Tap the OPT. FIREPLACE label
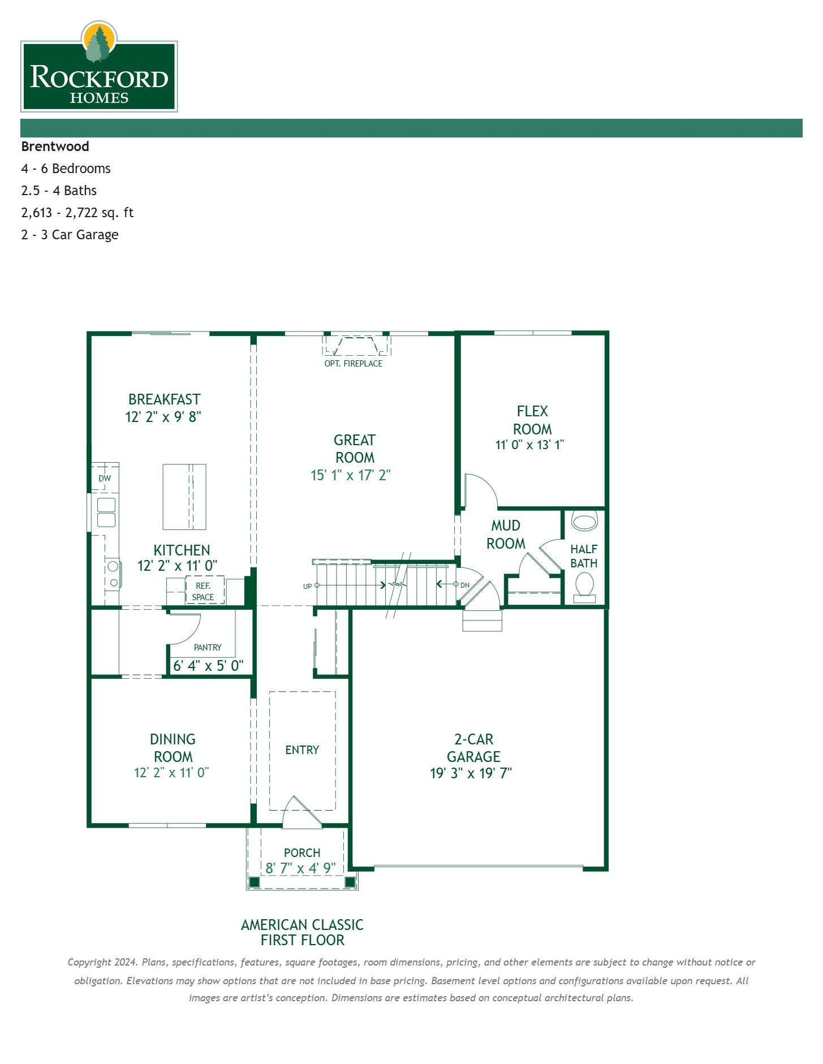[353, 364]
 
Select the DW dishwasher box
[105, 478]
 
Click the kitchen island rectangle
[184, 497]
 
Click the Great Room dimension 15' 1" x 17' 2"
[351, 475]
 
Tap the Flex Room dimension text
[529, 445]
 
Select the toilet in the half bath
[584, 585]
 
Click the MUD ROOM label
[506, 535]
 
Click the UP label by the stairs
[307, 586]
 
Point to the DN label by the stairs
[465, 585]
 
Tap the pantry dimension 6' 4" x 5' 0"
[208, 666]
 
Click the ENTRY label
[302, 750]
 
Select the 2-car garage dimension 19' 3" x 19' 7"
[471, 773]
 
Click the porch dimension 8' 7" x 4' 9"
[301, 868]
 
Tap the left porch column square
[255, 882]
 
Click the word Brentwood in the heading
[55, 147]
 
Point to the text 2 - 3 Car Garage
[70, 235]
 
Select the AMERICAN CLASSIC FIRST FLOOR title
[302, 932]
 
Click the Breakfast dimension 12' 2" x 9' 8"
[163, 417]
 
